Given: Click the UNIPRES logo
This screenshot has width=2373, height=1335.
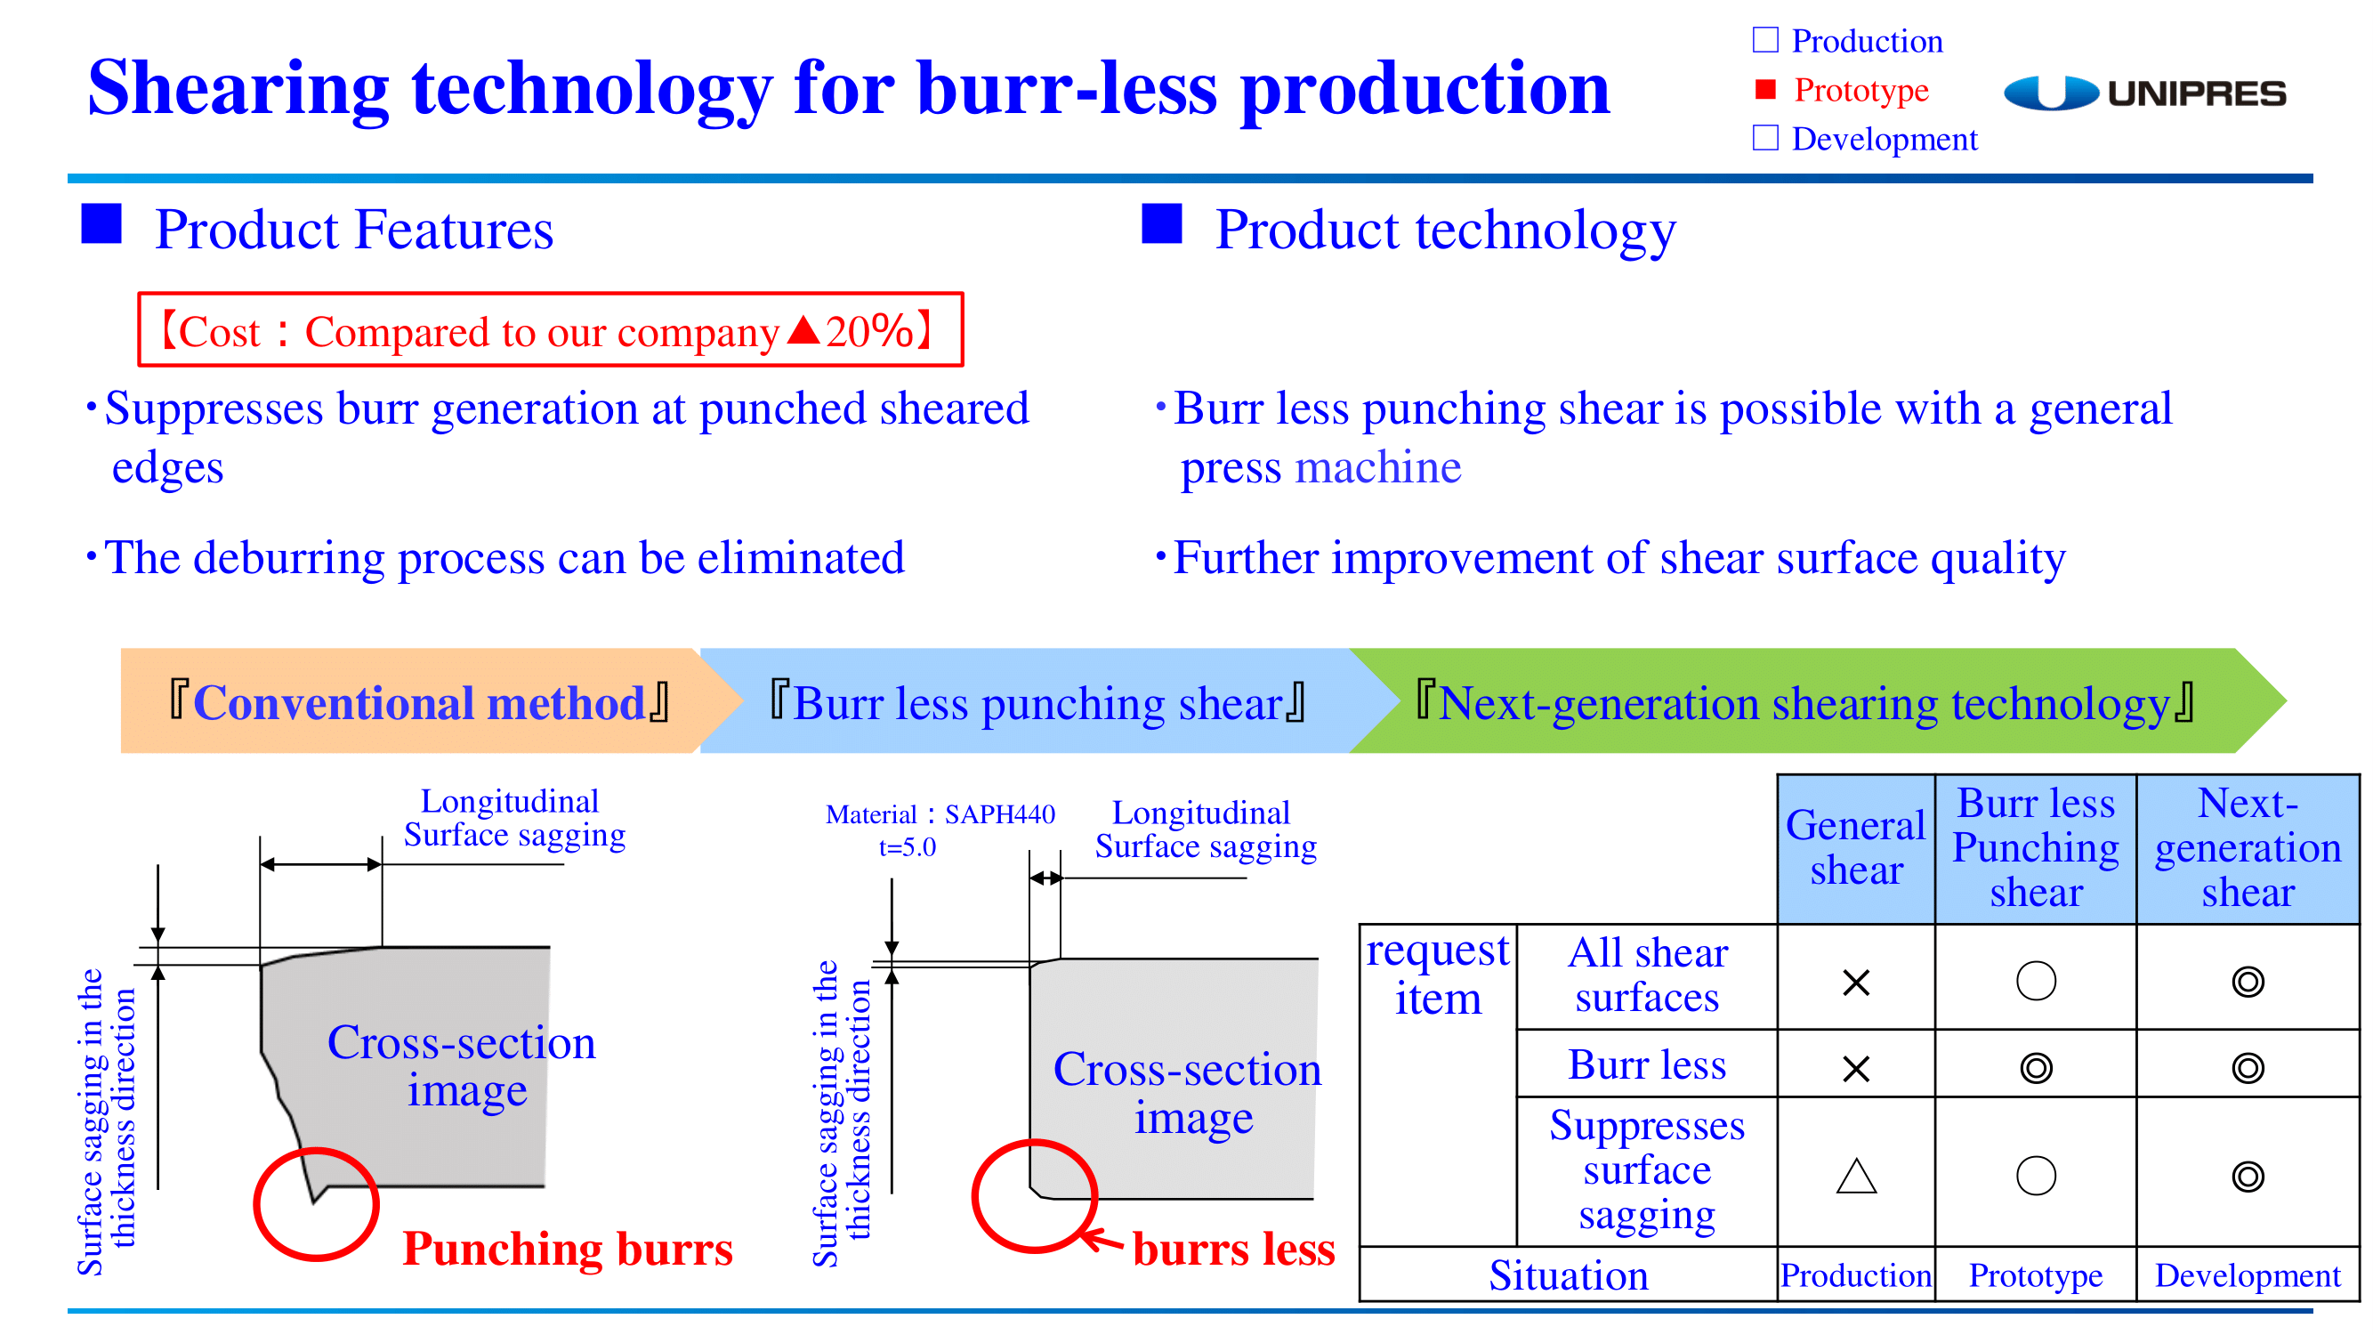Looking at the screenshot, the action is tap(2143, 93).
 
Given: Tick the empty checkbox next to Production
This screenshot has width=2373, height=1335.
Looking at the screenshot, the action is tap(1765, 40).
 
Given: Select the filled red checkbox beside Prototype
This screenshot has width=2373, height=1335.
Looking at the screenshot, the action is tap(1765, 88).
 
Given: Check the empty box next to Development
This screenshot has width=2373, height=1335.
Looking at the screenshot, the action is tap(1765, 137).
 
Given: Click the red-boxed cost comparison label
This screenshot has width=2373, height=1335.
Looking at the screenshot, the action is tap(550, 330).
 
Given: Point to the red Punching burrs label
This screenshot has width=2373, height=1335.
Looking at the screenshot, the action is tap(568, 1249).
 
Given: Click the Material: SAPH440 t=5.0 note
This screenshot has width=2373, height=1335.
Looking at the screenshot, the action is tap(940, 830).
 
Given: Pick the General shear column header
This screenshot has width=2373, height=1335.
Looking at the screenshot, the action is tap(1855, 848).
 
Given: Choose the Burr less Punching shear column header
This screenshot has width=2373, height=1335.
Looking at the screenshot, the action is tap(2036, 848).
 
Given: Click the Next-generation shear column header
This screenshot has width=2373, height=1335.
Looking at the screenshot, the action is tap(2248, 848).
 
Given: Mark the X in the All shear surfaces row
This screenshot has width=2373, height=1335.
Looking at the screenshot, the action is tap(1856, 983).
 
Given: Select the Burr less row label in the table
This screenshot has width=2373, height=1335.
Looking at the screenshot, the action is tap(1647, 1064).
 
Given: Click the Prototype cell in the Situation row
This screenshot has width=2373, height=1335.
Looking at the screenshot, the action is tap(2036, 1275).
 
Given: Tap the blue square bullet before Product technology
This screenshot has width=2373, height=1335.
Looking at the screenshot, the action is tap(1162, 223).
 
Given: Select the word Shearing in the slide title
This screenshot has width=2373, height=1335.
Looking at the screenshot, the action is tap(238, 88).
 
